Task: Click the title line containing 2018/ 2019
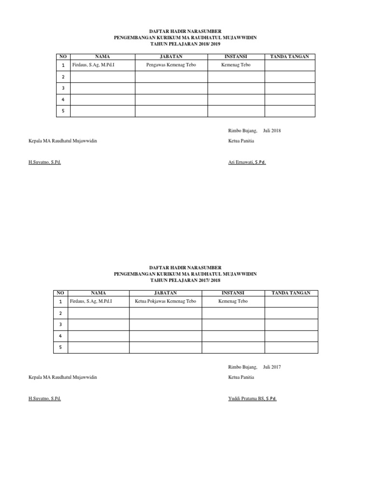click(185, 43)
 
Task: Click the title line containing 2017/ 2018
click(185, 280)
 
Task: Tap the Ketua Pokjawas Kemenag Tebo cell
click(165, 302)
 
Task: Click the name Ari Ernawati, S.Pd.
click(247, 162)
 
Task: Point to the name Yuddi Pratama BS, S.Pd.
click(252, 399)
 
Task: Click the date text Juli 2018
click(272, 131)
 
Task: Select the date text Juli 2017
click(272, 367)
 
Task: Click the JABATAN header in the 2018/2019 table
click(171, 57)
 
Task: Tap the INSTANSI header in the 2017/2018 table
click(233, 293)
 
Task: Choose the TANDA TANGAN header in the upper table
click(289, 57)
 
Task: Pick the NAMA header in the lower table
click(98, 293)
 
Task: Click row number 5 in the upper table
click(62, 111)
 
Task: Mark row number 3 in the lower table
click(60, 324)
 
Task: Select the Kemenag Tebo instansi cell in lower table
click(233, 302)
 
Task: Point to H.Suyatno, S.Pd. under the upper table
click(44, 162)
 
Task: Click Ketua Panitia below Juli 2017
click(241, 377)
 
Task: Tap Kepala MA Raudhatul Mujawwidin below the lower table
click(63, 377)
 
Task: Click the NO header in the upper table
click(62, 57)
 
